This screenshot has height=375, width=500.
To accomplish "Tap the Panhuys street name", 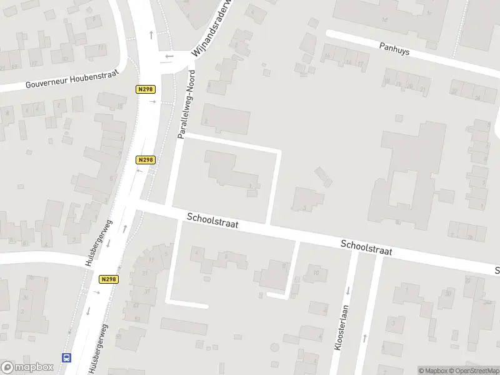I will (x=394, y=48).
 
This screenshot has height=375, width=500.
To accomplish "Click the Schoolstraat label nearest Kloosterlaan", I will (x=366, y=247).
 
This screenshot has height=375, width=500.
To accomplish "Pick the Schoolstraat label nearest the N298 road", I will (x=212, y=220).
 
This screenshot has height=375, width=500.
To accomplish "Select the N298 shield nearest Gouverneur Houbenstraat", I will (x=145, y=90).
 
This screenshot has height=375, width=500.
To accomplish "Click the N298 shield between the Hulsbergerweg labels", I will (x=108, y=280).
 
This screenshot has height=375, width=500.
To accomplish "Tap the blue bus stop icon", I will (x=66, y=358).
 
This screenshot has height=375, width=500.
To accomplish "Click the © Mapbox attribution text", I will (x=433, y=371).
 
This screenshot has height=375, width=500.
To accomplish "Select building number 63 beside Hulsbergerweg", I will (x=136, y=305).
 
